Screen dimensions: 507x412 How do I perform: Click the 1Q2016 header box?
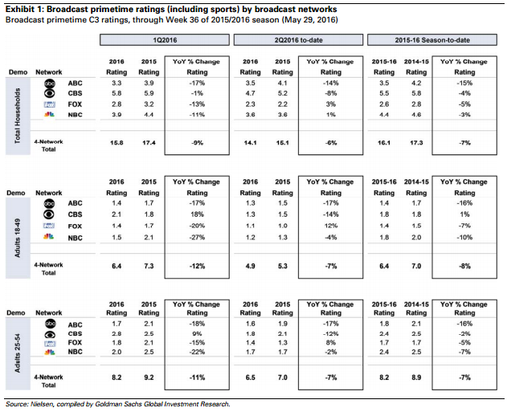click(165, 39)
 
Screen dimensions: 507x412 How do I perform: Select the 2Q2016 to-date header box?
click(298, 39)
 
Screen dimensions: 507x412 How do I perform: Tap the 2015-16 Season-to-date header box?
click(432, 39)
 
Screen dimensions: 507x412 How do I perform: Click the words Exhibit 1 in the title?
click(23, 10)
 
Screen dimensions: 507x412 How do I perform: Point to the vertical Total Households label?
click(18, 116)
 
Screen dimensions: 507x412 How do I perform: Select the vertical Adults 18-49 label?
click(18, 238)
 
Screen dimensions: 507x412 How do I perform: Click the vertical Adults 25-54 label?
click(18, 353)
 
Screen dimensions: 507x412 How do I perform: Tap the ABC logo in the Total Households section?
click(50, 84)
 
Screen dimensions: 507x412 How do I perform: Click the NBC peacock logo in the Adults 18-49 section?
click(49, 237)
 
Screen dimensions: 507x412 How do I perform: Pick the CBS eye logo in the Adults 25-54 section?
click(50, 334)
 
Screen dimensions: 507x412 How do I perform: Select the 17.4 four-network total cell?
click(149, 142)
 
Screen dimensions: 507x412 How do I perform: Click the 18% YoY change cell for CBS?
click(197, 214)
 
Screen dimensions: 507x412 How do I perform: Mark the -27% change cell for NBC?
click(197, 237)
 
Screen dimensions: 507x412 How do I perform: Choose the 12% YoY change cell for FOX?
click(331, 226)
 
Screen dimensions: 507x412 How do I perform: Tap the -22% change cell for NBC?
click(197, 352)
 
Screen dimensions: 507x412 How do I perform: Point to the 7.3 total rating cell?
click(149, 266)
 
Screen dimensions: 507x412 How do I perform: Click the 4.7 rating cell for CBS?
click(250, 93)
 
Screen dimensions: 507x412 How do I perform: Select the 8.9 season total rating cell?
click(416, 377)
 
